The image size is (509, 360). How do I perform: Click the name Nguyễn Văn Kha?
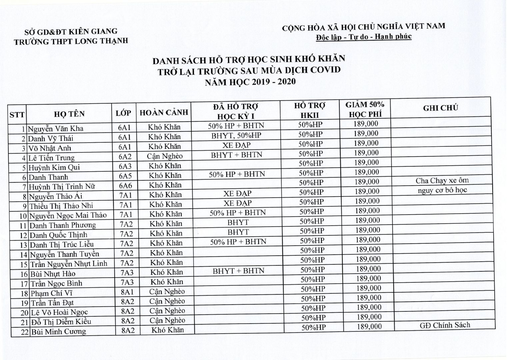(x=55, y=129)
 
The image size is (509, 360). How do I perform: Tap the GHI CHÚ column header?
(x=440, y=108)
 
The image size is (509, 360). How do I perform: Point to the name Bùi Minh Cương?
(x=58, y=332)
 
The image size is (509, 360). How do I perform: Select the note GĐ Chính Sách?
(x=445, y=325)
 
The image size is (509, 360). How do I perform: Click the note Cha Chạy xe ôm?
(x=442, y=181)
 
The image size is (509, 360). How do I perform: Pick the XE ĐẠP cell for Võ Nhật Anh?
(x=237, y=145)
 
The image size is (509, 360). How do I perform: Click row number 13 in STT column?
(x=23, y=245)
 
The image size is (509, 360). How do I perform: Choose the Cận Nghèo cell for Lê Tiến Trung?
(x=165, y=156)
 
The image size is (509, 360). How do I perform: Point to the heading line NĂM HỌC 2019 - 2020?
(x=250, y=81)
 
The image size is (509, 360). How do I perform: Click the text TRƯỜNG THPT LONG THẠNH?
(x=71, y=41)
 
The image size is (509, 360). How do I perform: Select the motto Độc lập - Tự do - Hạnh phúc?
(x=364, y=36)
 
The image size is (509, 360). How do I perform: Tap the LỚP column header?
(x=124, y=113)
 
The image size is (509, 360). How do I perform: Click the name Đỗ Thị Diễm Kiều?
(x=61, y=322)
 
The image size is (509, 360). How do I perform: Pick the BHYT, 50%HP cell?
(x=236, y=136)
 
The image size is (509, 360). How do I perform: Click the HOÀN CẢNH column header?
(x=164, y=113)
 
